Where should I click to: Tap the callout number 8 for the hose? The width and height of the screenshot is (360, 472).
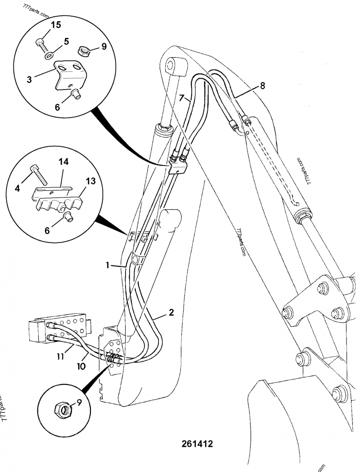(x=263, y=85)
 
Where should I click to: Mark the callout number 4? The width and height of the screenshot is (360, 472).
(x=18, y=189)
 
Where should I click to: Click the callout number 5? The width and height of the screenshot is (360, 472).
(x=66, y=41)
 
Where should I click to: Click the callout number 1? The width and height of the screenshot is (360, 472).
(x=108, y=265)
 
